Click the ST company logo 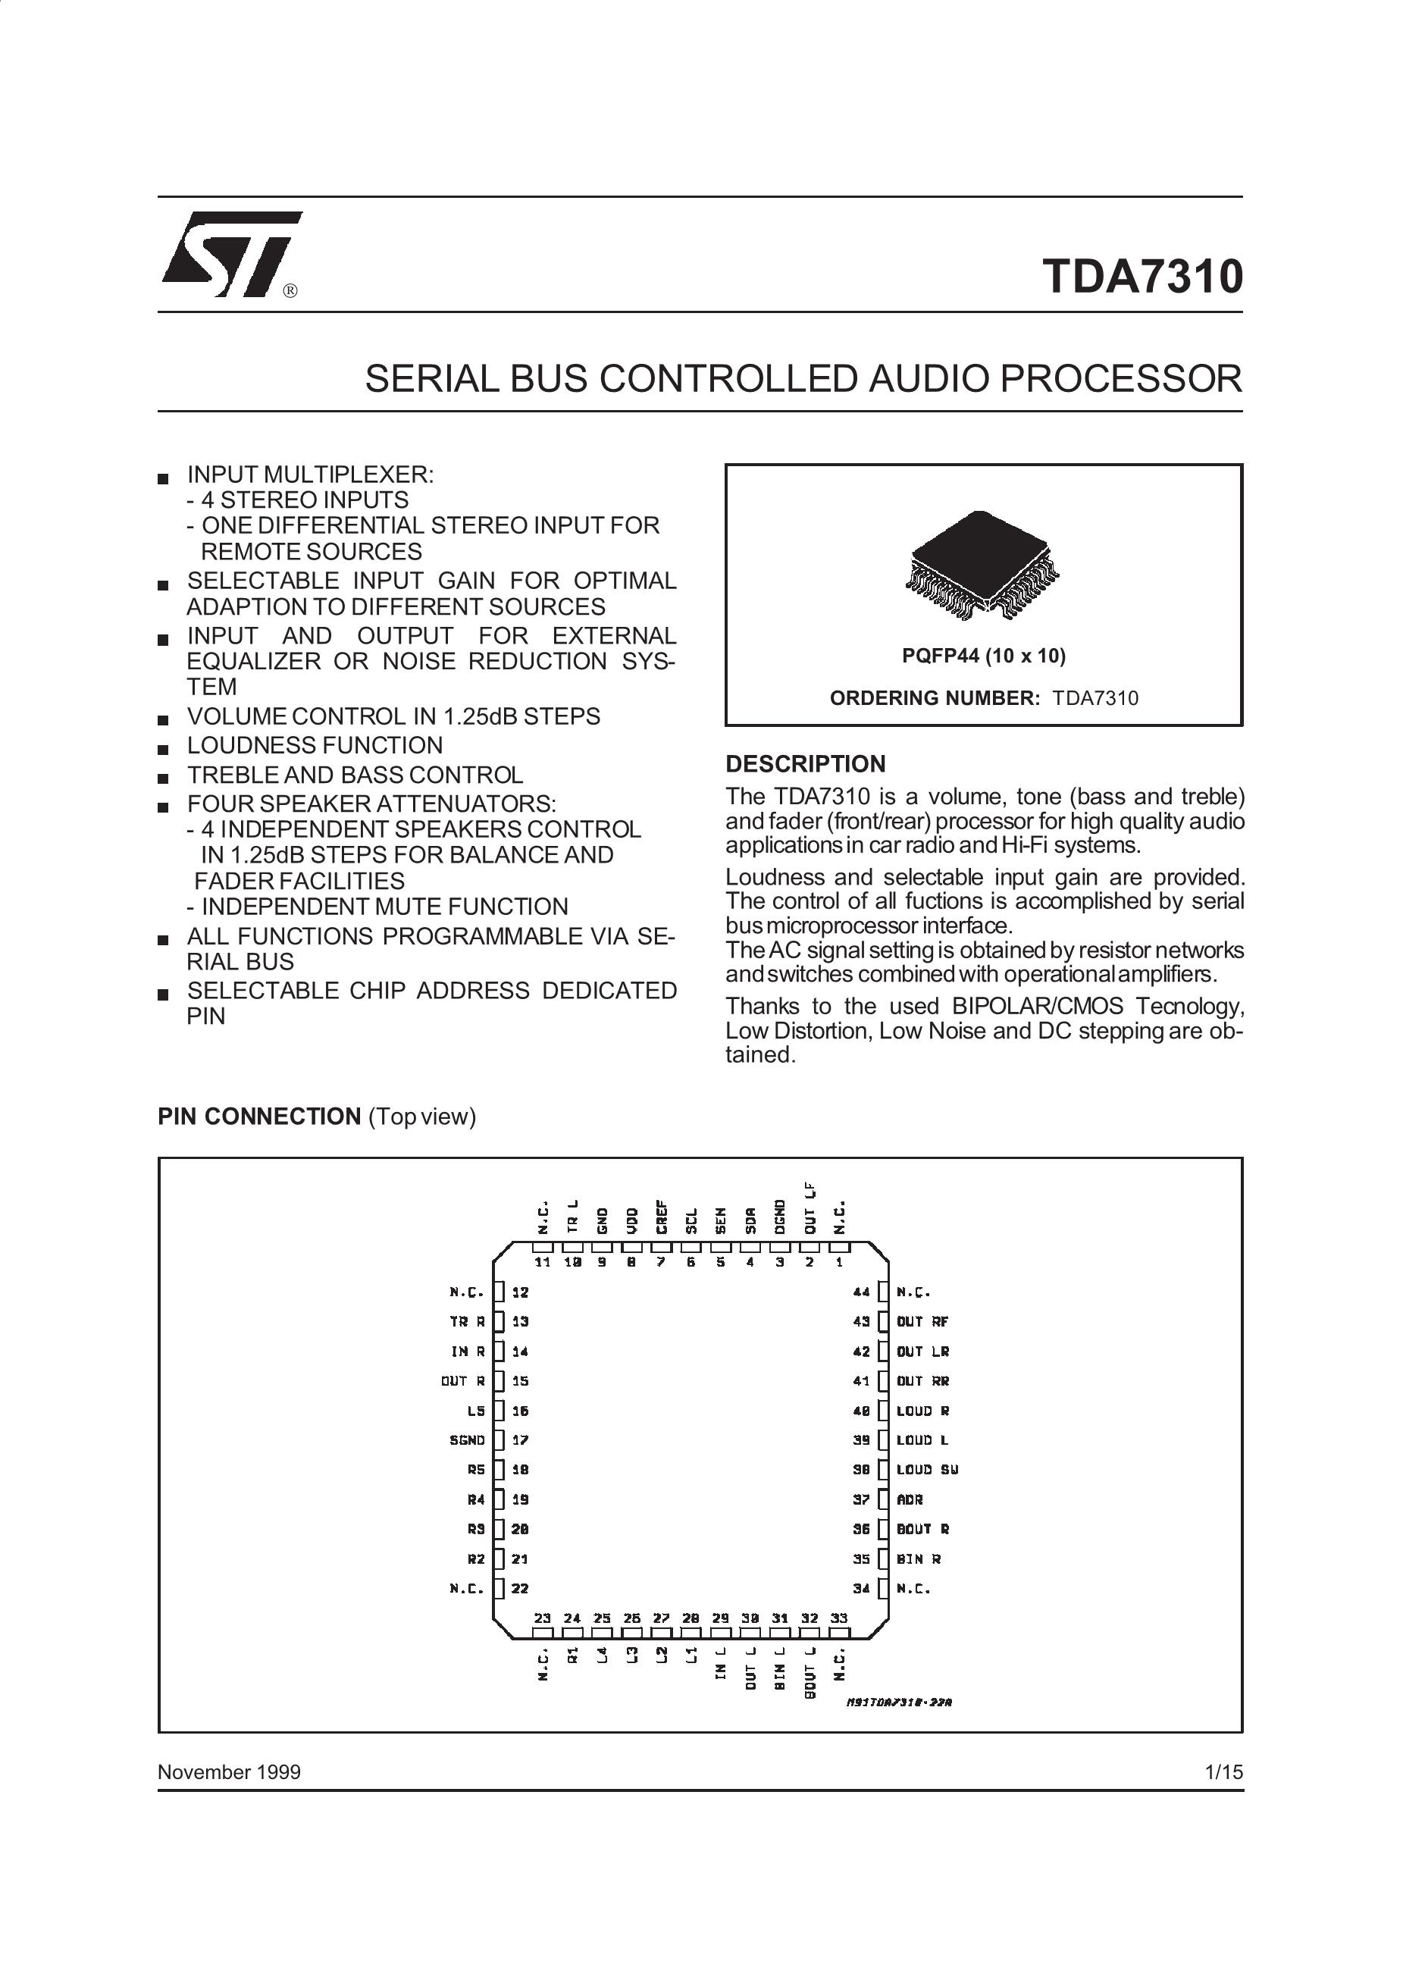click(x=231, y=253)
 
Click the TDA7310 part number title click(x=1143, y=276)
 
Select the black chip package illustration click(x=982, y=564)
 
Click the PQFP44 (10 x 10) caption click(x=984, y=656)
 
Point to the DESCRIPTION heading click(x=805, y=764)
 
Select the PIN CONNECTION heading click(x=258, y=1117)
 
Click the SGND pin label click(x=467, y=1440)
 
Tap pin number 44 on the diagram click(x=862, y=1292)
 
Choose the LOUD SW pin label click(x=927, y=1470)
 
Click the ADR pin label click(x=910, y=1500)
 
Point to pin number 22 click(x=520, y=1589)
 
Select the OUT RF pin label click(x=923, y=1322)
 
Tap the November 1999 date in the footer click(x=229, y=1772)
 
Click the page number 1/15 click(x=1224, y=1772)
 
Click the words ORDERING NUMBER click(x=934, y=698)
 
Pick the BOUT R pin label click(x=923, y=1529)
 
